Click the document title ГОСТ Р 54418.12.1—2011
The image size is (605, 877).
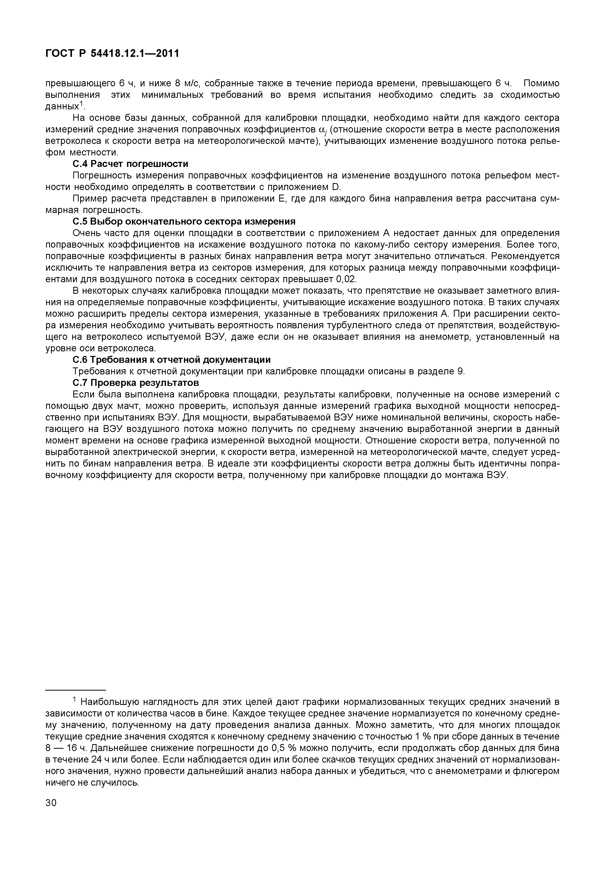(112, 54)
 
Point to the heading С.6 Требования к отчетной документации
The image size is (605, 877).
(171, 360)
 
